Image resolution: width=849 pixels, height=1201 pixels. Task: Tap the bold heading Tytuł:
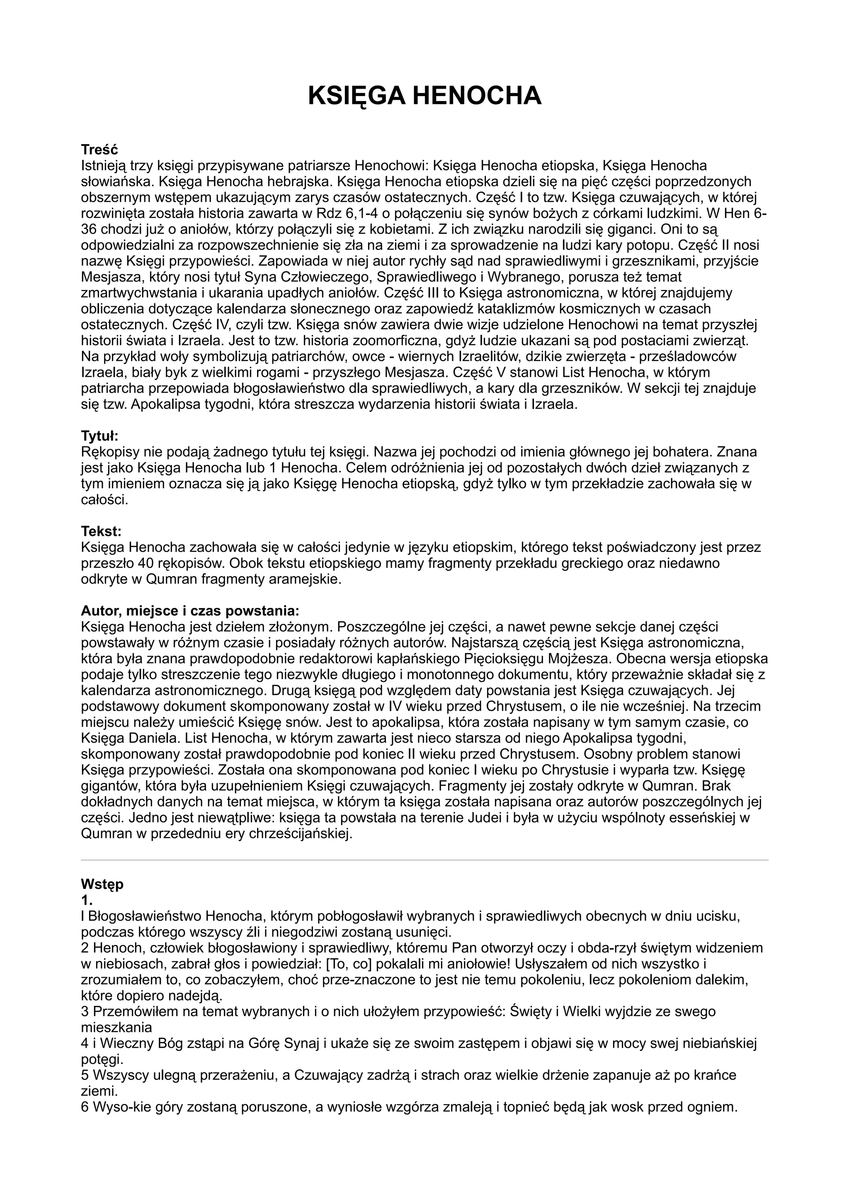tap(100, 435)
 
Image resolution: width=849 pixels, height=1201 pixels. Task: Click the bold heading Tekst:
tap(101, 531)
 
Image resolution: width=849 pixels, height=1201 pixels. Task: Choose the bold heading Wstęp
tap(102, 884)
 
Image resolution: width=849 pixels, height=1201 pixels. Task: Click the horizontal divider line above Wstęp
tap(424, 860)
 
